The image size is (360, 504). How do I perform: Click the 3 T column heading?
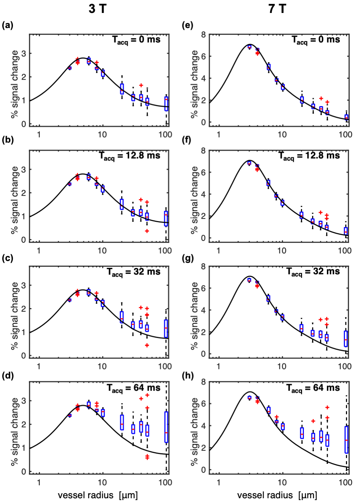pos(97,8)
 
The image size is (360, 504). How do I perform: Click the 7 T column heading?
pos(277,8)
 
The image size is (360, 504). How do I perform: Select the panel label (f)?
pos(187,140)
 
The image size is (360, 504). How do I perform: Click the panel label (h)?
pos(188,375)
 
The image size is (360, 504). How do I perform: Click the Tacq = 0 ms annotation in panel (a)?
pos(136,40)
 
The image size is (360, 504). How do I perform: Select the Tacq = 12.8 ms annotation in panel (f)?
pos(309,156)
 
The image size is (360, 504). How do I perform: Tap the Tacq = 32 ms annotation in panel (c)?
pos(134,272)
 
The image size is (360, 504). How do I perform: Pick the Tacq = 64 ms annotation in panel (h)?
pos(313,388)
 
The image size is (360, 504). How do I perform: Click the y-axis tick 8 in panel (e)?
pos(204,35)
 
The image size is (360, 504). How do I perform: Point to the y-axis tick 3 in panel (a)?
pos(24,53)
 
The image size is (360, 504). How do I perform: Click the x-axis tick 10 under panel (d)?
pos(102,482)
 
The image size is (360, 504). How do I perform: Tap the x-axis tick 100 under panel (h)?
pos(345,482)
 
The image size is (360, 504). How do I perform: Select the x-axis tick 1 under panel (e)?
pos(219,135)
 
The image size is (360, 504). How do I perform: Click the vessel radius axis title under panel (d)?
pos(98,495)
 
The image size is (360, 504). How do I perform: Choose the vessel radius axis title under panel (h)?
pos(277,495)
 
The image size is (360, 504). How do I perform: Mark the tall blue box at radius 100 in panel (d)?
pos(166,427)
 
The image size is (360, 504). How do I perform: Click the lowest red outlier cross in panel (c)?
pos(147,345)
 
